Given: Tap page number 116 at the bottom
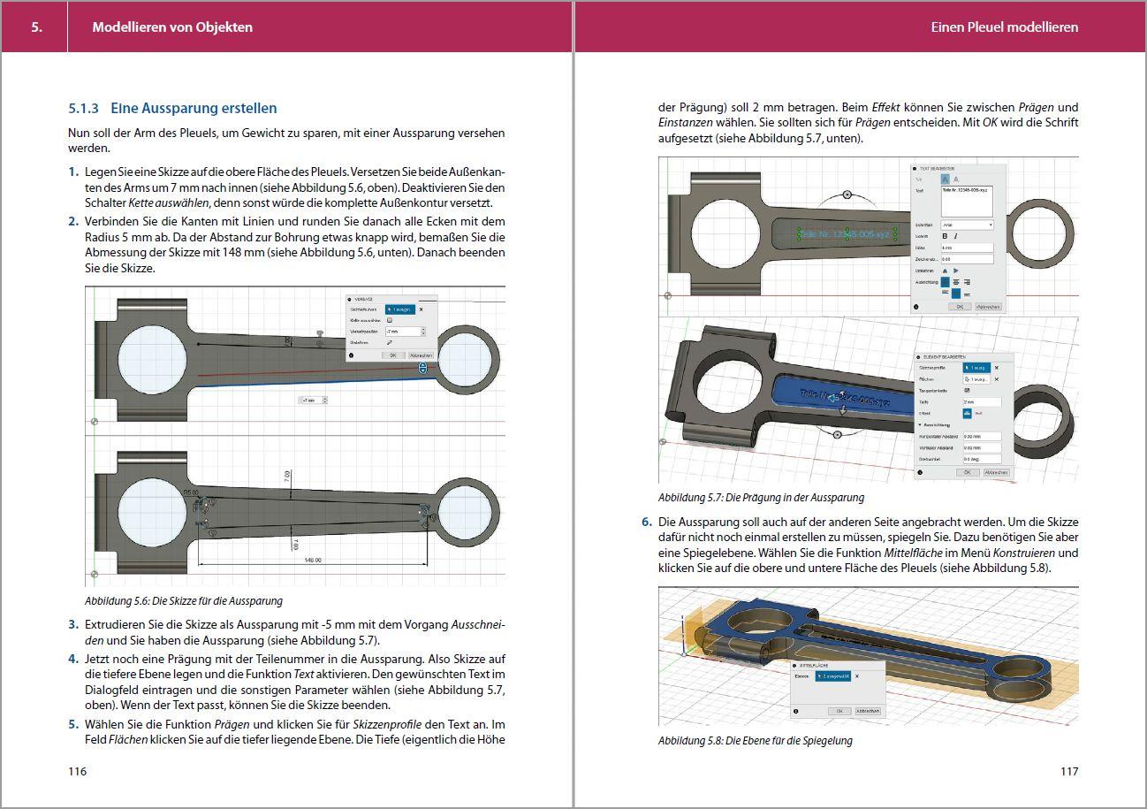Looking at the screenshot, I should point(78,771).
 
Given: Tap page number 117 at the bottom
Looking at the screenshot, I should point(1068,771).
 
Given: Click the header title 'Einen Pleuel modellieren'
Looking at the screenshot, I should point(1004,27).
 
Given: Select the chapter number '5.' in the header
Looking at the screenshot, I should point(36,27).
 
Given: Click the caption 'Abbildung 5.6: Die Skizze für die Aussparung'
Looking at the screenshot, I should point(184,601).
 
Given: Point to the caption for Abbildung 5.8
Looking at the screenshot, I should point(755,740).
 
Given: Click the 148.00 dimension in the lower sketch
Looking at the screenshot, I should point(312,561).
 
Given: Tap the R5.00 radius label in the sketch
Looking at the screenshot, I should point(190,493).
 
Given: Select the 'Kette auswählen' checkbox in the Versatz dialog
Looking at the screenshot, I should point(390,320).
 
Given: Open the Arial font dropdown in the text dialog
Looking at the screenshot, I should point(966,225).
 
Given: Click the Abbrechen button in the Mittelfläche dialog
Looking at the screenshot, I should point(867,711).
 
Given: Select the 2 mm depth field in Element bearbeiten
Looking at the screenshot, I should point(981,401).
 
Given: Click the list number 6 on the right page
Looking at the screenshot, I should point(647,522).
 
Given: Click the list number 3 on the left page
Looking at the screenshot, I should point(74,624).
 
